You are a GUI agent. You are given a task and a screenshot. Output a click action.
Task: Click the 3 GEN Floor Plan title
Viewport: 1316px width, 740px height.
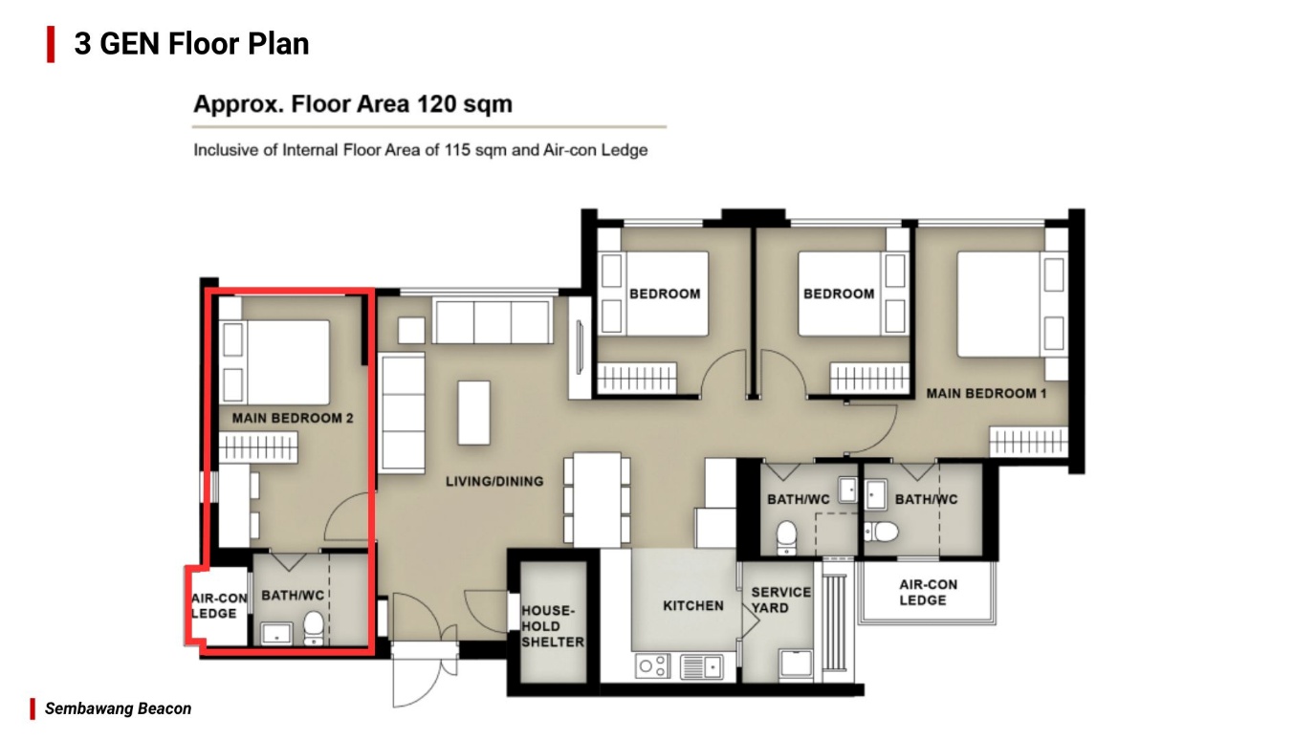coord(191,44)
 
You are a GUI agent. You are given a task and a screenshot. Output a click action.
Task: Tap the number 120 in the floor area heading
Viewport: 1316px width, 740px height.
coord(438,104)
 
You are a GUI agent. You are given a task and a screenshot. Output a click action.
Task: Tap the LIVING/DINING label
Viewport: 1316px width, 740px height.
coord(494,481)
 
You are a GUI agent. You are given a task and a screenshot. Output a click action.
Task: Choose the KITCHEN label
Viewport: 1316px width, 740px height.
coord(693,605)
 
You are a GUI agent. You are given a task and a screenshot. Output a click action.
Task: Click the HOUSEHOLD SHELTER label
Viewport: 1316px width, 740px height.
coord(552,626)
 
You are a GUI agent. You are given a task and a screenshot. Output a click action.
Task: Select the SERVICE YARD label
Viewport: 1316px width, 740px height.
coord(780,599)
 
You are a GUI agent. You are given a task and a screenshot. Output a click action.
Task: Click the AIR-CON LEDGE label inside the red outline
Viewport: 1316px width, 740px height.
coord(219,605)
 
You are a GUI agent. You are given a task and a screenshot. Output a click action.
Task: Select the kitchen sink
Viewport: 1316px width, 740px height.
coord(702,665)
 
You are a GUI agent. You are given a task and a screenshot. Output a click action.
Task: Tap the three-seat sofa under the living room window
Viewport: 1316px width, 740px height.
coord(492,321)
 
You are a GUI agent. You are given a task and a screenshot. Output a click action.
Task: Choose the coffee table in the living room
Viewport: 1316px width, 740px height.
coord(473,412)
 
